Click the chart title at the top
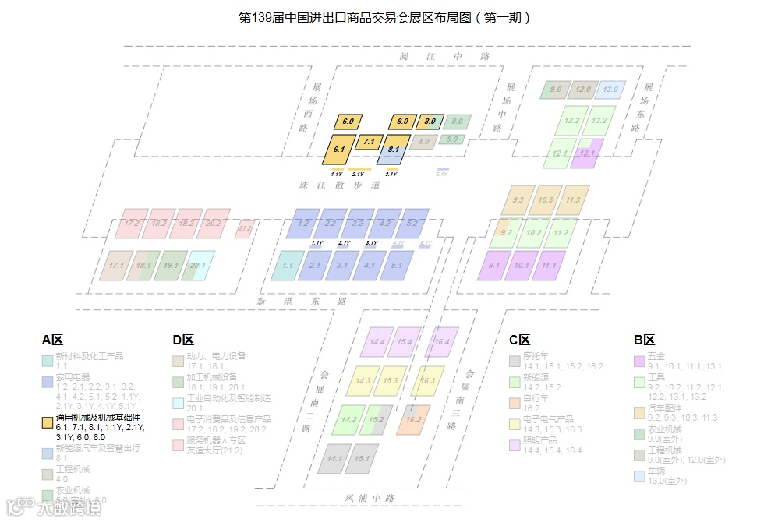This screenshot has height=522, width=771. [384, 17]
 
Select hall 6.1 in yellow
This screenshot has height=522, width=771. [339, 148]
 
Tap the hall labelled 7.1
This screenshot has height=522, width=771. [369, 142]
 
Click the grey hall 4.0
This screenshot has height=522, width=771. [423, 143]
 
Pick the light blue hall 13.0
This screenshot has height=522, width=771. [610, 90]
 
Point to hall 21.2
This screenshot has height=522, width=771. [245, 228]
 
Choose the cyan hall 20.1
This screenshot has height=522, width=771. [198, 266]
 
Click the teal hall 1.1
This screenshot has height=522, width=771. [288, 266]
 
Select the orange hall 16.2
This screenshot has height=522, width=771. [413, 419]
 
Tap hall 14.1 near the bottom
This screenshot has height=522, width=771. [335, 458]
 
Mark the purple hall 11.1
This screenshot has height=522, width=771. [549, 266]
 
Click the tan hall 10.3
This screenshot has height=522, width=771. [545, 200]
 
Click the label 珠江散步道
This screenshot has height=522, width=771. [355, 185]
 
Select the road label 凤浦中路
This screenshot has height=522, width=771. [370, 498]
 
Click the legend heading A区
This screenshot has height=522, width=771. [52, 340]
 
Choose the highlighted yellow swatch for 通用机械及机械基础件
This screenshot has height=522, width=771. [48, 423]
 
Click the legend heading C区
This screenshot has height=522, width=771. [519, 340]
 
